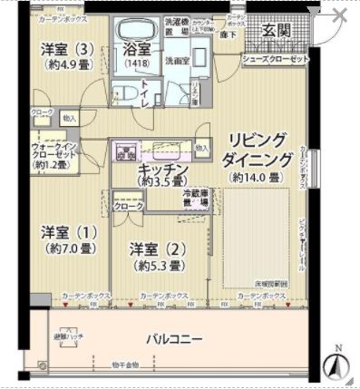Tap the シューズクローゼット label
tap(276, 58)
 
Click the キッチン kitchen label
tap(163, 170)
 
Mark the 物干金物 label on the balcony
tap(124, 365)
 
